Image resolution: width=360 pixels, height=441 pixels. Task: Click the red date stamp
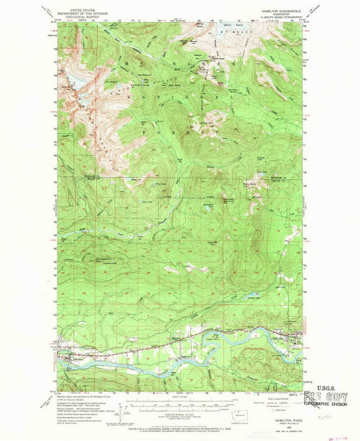339,434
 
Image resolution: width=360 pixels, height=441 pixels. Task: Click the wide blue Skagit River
147,364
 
